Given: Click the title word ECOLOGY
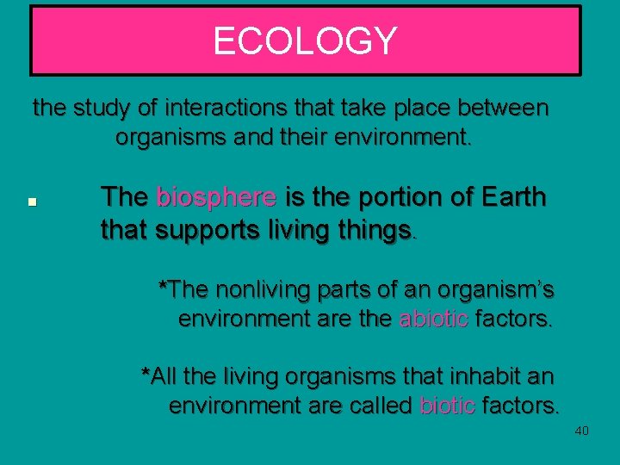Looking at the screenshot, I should [x=305, y=41].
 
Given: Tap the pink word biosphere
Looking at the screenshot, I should [x=216, y=197].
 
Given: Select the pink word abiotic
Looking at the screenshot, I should [x=434, y=319].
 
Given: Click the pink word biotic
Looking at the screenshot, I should [x=447, y=405].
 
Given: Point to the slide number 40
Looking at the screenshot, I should [x=581, y=431].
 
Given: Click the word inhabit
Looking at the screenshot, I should [x=485, y=376].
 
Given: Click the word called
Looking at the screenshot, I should [x=376, y=405].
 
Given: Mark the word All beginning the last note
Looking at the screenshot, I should [x=164, y=376].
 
